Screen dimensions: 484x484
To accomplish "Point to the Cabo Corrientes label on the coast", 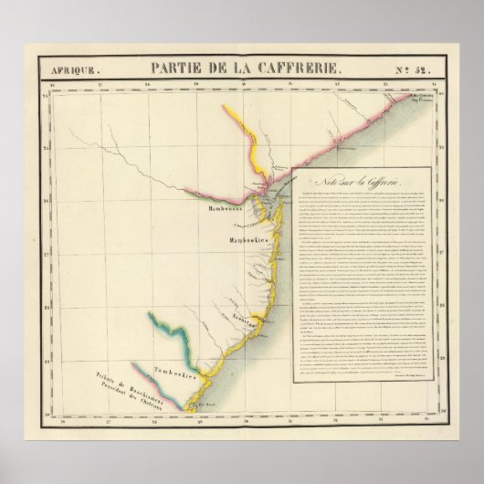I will point(418,97).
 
